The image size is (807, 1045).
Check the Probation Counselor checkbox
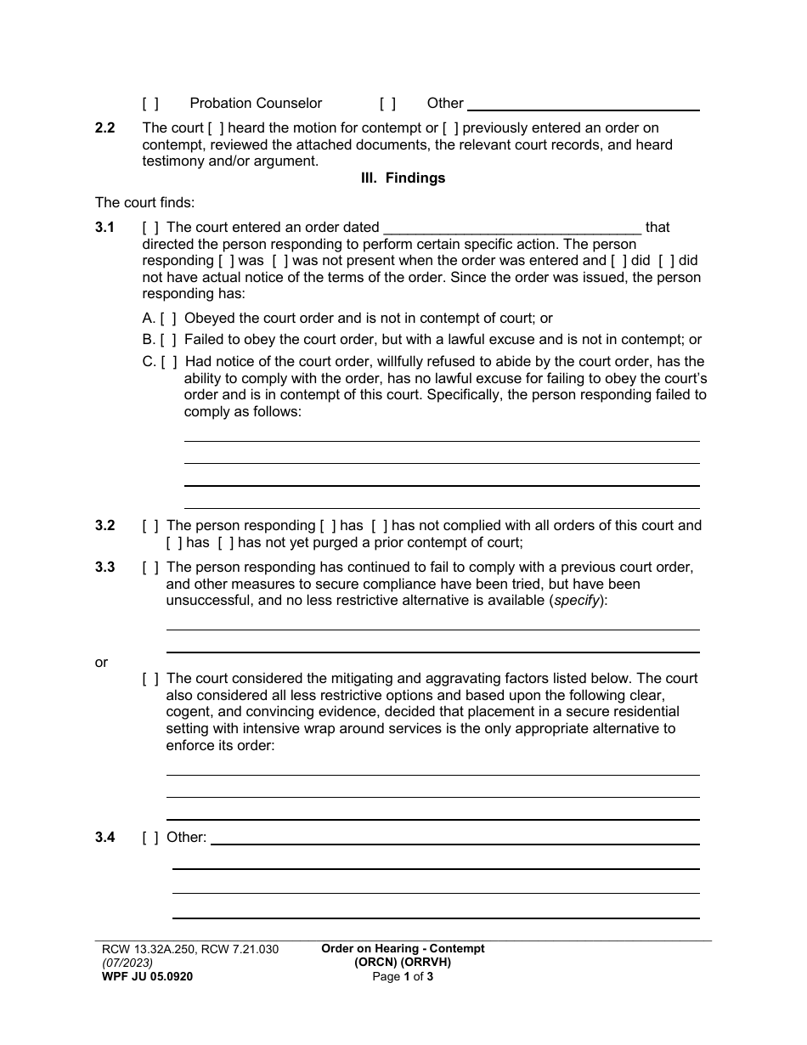(x=150, y=104)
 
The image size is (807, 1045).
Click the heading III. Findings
(x=403, y=178)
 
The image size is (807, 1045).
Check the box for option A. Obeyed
(x=168, y=319)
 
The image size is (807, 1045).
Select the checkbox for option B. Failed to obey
(x=168, y=340)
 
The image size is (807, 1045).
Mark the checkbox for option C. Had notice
(x=169, y=361)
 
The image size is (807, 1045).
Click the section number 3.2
(x=105, y=526)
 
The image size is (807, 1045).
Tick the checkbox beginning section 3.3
(x=150, y=568)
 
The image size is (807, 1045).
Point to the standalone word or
(x=102, y=663)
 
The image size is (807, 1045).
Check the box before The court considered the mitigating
(x=150, y=679)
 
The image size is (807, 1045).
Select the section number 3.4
(x=105, y=838)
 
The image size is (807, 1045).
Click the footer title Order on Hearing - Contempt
(x=403, y=949)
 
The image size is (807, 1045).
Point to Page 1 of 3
(x=403, y=977)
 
